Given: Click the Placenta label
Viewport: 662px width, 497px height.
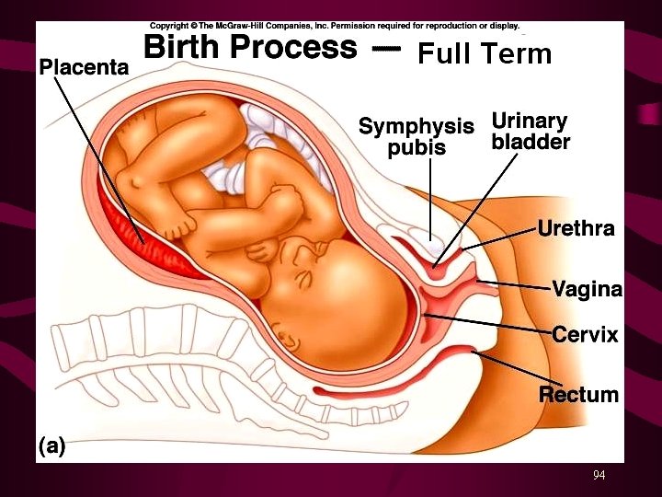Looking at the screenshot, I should tap(84, 66).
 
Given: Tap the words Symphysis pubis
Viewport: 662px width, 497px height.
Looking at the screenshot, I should tap(416, 136).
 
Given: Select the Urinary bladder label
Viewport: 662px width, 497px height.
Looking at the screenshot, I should tap(531, 132).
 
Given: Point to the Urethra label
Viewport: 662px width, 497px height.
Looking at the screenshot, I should tap(576, 228).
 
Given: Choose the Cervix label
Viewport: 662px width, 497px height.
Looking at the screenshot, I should tap(585, 335).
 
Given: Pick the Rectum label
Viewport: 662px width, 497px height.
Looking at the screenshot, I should tap(578, 395).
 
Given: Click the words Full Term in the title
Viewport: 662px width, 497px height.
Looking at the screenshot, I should tap(485, 55).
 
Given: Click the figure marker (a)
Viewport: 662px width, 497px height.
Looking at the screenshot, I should tap(51, 446).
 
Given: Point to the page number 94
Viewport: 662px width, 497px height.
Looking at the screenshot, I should tap(599, 475).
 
